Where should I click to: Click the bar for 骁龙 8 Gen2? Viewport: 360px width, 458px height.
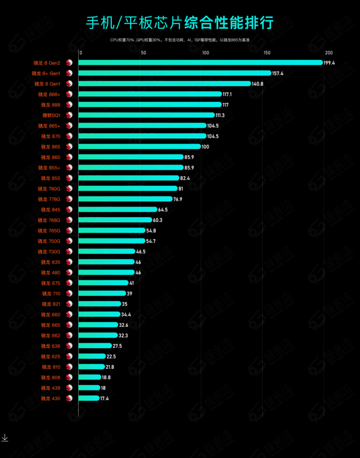200,62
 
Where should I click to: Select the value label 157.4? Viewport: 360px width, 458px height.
278,73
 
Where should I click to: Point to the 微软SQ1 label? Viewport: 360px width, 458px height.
51,115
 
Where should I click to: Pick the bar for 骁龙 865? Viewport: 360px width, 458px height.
139,147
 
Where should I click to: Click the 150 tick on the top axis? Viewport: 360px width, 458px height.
267,53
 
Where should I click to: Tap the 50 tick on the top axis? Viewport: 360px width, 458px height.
143,53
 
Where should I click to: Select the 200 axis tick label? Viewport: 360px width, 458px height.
329,53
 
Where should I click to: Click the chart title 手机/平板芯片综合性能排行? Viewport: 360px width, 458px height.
179,23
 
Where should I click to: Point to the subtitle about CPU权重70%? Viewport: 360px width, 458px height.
179,41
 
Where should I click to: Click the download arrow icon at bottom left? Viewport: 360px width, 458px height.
5,438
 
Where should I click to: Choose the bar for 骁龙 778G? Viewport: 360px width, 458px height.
125,199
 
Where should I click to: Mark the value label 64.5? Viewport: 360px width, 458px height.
163,210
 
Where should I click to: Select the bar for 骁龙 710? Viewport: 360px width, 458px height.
102,294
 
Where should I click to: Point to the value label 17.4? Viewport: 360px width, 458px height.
104,398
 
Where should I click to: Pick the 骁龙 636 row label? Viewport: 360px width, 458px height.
51,346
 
